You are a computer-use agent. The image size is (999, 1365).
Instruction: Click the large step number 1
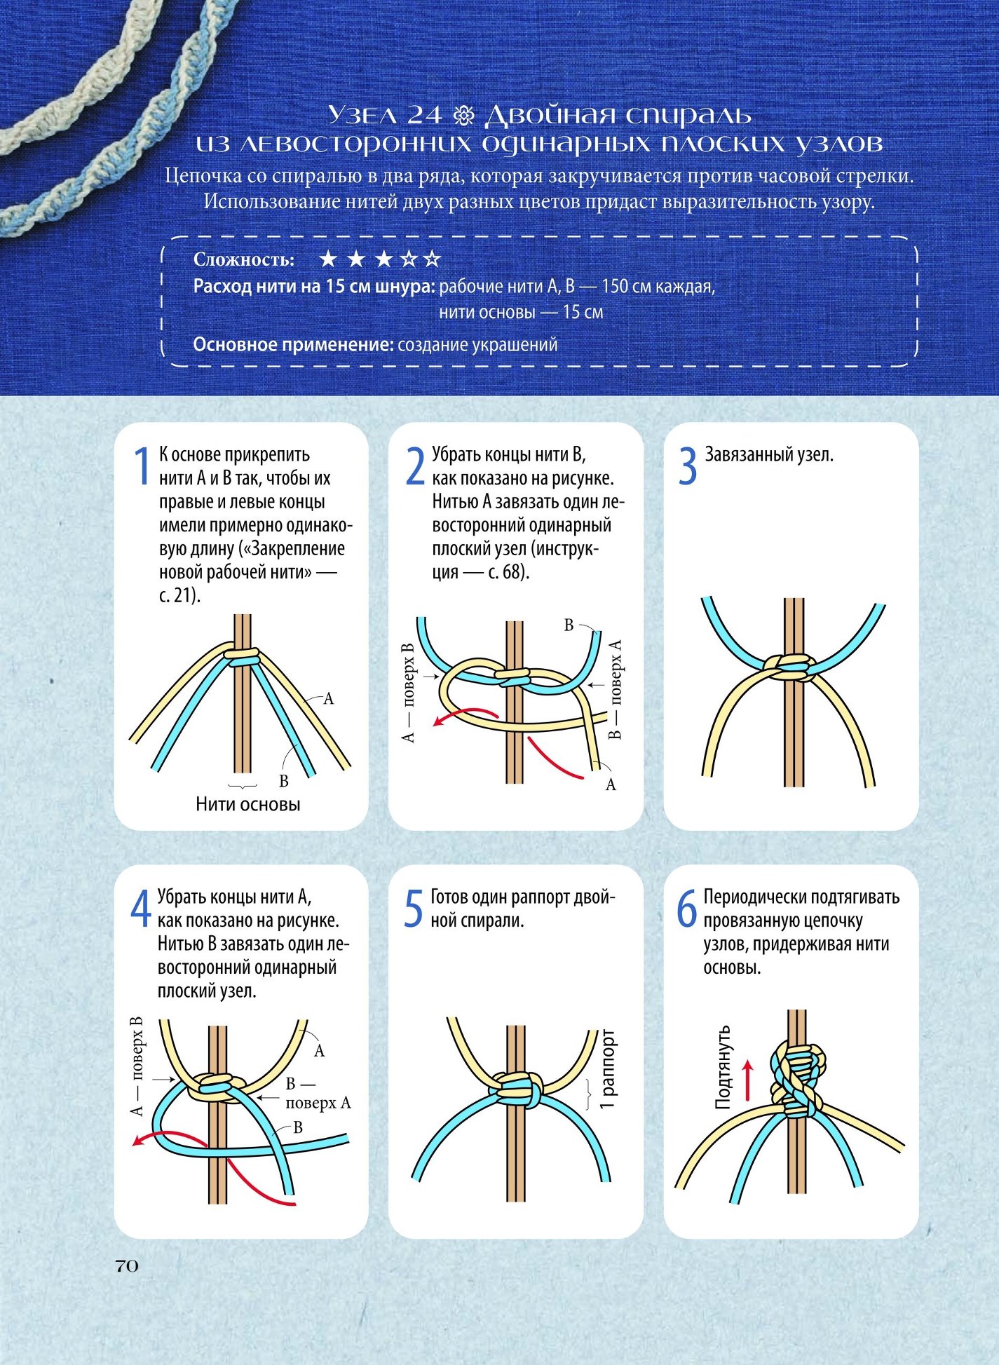[142, 466]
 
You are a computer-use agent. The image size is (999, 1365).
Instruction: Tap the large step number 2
[415, 466]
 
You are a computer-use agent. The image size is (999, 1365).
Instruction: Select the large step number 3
[688, 466]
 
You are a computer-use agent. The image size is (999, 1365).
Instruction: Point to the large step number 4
[141, 909]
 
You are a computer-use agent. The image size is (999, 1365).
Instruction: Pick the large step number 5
[414, 909]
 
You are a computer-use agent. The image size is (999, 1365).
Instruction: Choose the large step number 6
[686, 909]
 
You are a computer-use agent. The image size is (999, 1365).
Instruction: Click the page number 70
[127, 1265]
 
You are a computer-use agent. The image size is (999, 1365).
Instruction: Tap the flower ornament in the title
[465, 114]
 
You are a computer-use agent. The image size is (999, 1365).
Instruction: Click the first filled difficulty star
[328, 259]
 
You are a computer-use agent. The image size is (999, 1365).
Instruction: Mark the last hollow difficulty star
[433, 259]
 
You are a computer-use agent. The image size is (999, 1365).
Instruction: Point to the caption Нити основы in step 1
[248, 804]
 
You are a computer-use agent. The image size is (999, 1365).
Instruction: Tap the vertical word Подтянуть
[723, 1067]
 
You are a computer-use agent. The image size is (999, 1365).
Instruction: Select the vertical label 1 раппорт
[607, 1069]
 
